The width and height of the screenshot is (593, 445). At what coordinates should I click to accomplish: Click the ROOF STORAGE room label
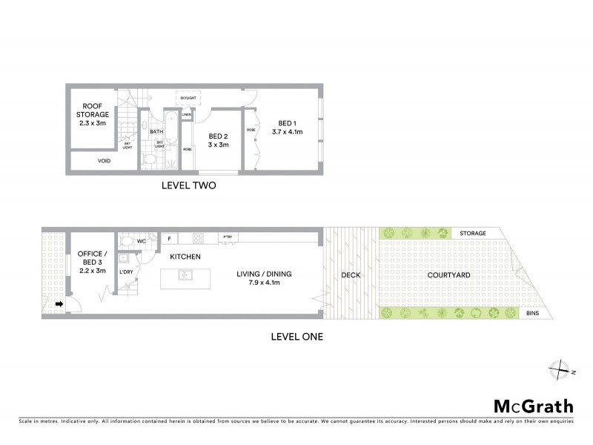[93, 114]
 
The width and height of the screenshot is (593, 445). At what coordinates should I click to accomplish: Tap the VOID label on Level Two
[104, 160]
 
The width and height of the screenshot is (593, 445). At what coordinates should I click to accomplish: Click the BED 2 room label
[218, 136]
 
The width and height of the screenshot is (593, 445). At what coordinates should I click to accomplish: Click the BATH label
[156, 132]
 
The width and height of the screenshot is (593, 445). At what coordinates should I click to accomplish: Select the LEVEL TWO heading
[188, 186]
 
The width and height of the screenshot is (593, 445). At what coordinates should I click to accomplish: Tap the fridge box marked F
[169, 238]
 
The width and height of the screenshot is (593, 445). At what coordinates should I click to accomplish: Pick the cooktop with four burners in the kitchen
[198, 238]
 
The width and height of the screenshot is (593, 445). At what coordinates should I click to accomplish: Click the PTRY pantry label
[228, 237]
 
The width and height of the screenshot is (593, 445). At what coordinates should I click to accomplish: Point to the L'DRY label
[126, 271]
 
